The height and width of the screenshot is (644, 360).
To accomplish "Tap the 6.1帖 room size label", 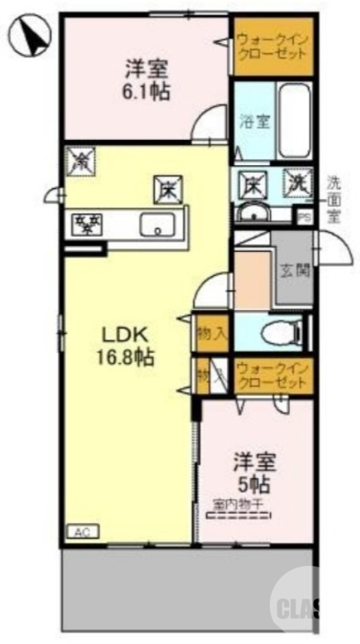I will (147, 91).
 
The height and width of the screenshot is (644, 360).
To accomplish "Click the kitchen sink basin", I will (158, 225).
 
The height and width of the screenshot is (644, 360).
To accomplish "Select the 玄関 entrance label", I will (292, 270).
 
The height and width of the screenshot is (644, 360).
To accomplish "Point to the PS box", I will (304, 216).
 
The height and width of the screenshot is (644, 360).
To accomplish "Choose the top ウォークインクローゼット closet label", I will (271, 47).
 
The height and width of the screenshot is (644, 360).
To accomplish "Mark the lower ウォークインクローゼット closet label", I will (271, 376).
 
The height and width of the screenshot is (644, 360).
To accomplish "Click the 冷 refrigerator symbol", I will (81, 160).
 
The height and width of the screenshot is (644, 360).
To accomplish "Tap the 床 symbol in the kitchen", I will (168, 189).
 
